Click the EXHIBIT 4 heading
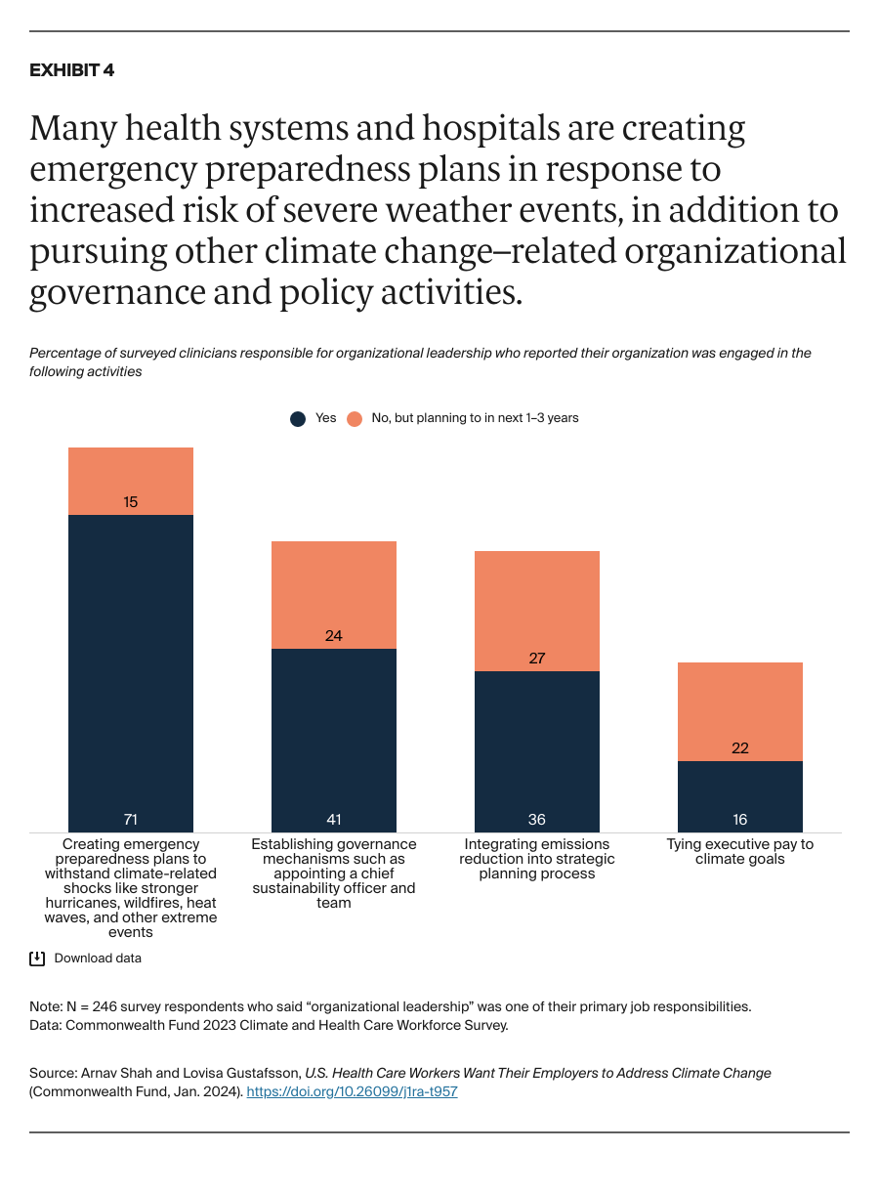[71, 70]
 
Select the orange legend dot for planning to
[354, 418]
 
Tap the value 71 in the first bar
[130, 819]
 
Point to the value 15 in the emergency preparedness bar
[130, 502]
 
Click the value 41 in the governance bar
[333, 819]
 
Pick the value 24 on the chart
[333, 636]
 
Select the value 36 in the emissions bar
[536, 819]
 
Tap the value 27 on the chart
[536, 659]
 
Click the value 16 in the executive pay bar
[739, 819]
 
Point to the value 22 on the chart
[739, 748]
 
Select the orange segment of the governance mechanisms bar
[333, 586]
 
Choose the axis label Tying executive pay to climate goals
[739, 852]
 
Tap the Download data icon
[37, 959]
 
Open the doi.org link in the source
[352, 1092]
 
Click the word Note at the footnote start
[45, 1006]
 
